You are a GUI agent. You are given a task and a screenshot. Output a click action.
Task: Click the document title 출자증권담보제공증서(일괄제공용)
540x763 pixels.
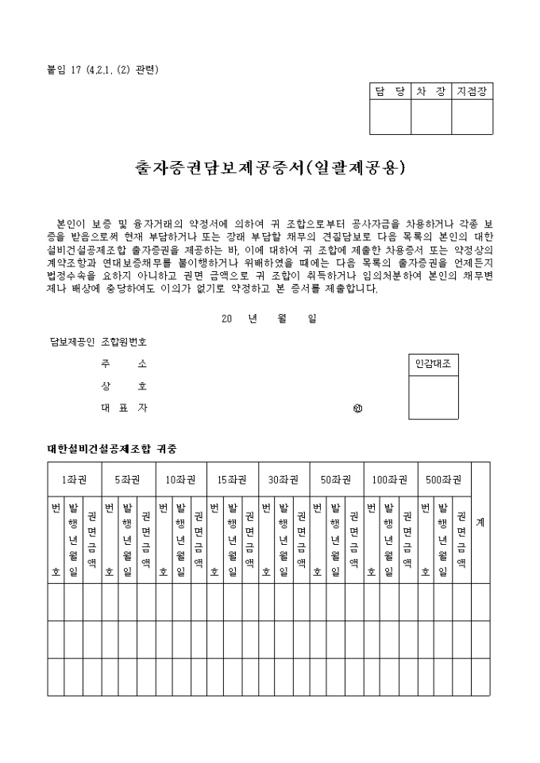[270, 168]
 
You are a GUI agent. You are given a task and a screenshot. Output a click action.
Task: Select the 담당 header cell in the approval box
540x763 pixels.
[390, 91]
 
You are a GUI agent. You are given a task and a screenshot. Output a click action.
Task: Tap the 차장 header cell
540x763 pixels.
[431, 91]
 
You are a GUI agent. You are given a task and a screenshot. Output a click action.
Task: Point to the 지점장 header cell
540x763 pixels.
[472, 91]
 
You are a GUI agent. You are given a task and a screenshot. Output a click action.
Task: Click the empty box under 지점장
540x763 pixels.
[472, 117]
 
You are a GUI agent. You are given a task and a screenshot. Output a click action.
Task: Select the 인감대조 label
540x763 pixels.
[433, 365]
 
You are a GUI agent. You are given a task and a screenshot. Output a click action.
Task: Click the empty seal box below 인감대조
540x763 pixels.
[433, 397]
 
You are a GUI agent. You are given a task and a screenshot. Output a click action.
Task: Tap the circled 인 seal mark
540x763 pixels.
[358, 409]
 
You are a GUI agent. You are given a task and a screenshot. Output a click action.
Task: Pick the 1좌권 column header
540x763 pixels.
[74, 479]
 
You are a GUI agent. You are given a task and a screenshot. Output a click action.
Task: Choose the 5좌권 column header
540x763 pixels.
[127, 479]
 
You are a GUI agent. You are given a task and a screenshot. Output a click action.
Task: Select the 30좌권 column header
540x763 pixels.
[283, 479]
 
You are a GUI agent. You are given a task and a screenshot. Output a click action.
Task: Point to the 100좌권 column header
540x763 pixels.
[390, 479]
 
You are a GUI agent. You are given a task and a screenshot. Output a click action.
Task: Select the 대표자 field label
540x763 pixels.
[123, 408]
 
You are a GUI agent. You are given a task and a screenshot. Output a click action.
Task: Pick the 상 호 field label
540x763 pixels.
[123, 386]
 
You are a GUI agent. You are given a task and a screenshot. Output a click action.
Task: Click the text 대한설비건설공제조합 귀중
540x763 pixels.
[112, 449]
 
